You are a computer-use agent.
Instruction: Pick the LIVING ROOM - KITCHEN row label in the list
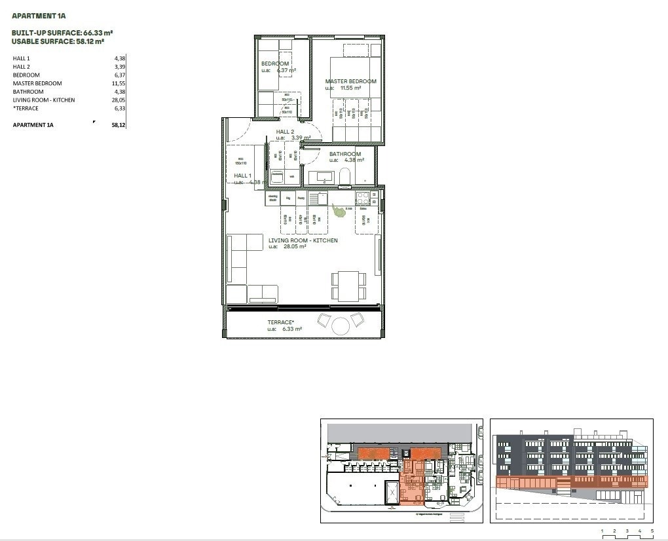(44, 100)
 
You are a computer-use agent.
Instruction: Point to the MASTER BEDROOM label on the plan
(351, 81)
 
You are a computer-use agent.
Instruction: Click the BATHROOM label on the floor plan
(345, 155)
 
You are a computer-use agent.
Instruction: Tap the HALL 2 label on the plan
(285, 132)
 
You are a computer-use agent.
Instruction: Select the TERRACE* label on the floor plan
(281, 322)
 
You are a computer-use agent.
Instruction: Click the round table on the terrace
(341, 326)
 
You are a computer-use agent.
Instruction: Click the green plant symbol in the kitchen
(338, 210)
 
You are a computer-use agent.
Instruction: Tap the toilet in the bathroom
(344, 176)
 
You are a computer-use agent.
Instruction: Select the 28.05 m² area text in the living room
(295, 247)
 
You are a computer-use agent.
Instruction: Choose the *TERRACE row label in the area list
(26, 109)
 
